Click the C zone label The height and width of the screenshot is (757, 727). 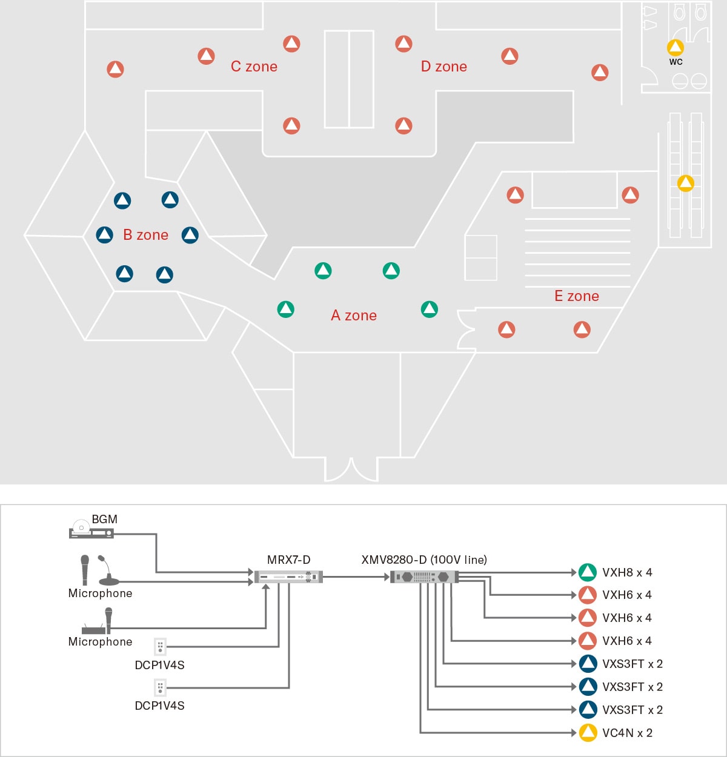coord(254,67)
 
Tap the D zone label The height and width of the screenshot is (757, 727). coord(443,67)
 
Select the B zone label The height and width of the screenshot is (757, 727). coord(145,235)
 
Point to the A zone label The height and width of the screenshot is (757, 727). coord(354,316)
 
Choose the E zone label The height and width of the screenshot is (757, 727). coord(576,296)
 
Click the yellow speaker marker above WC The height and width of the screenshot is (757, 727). coord(675,47)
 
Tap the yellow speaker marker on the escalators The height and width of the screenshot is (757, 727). coord(685,183)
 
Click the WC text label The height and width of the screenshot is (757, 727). coord(676,62)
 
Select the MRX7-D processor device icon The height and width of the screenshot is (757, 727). coord(288,577)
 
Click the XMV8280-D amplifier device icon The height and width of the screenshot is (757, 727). coord(424,577)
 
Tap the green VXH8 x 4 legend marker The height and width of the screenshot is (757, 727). coord(587,572)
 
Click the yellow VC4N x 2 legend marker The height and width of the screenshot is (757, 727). coord(587,733)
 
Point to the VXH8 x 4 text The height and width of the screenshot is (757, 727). coord(627,572)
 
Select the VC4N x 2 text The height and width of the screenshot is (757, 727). coord(627,733)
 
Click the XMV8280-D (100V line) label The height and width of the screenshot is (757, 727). coord(424,560)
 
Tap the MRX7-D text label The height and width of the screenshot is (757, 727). coord(288,560)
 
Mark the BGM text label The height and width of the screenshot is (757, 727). coord(104,519)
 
